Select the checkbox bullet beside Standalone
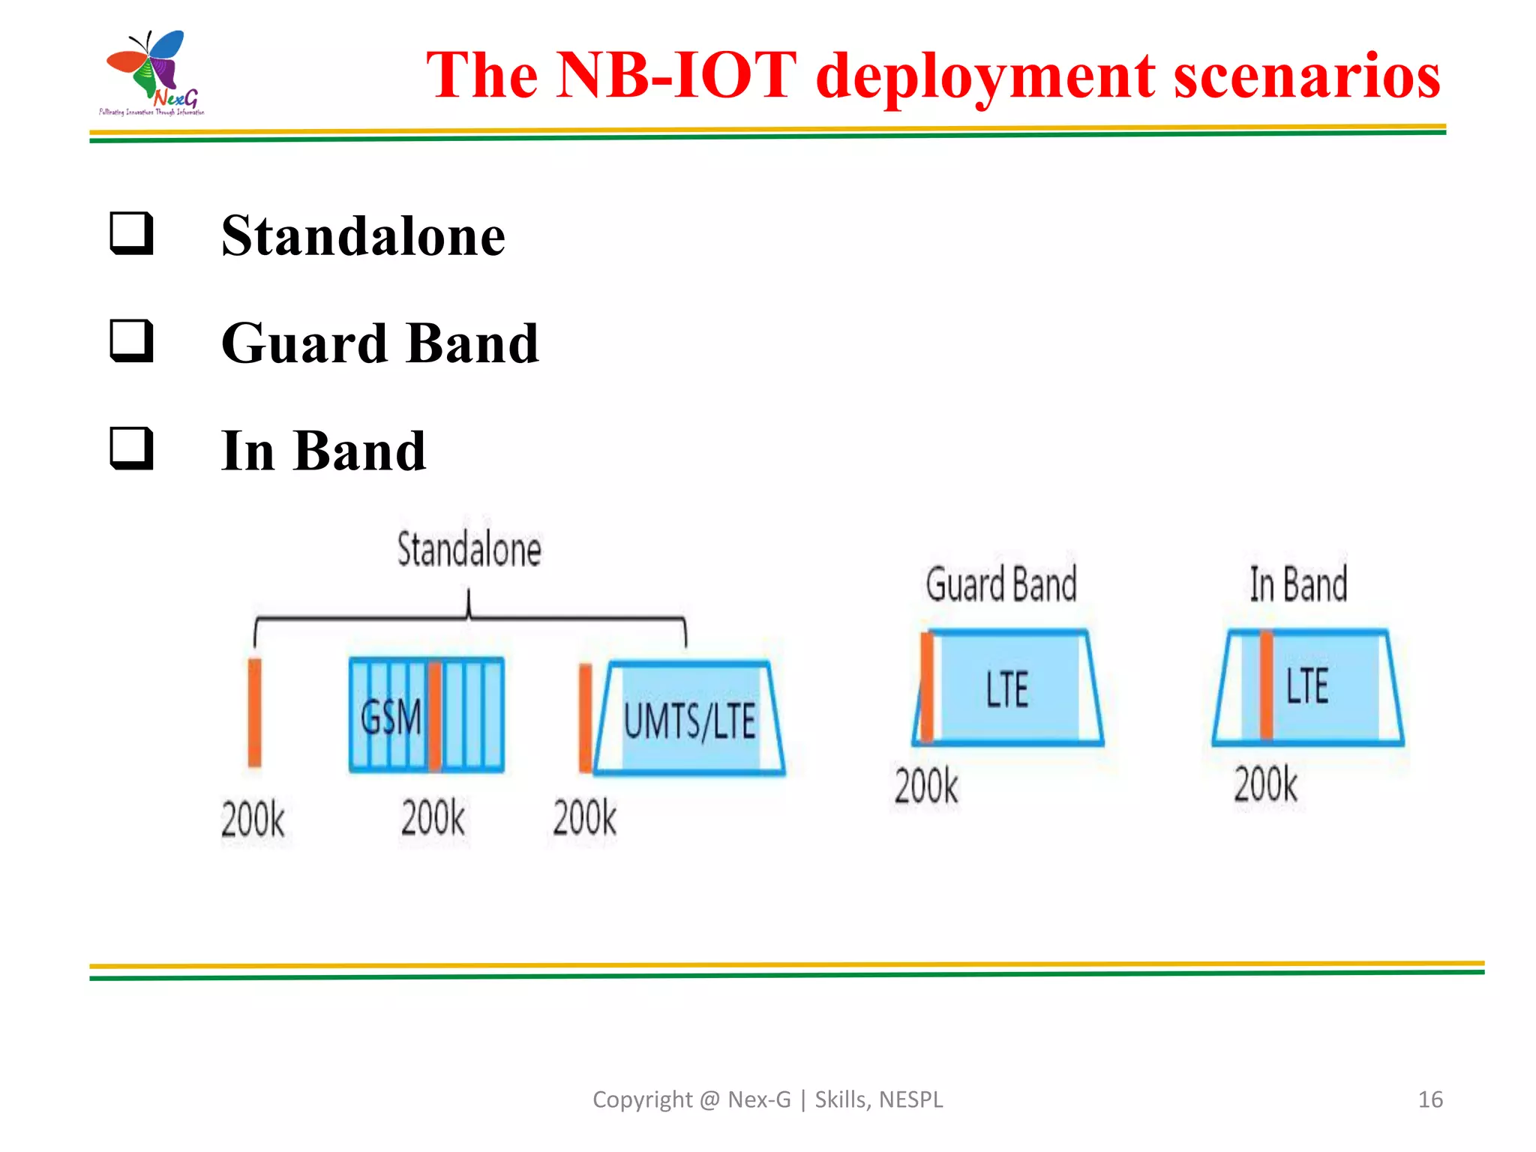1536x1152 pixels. pos(132,234)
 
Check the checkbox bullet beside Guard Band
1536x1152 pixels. pos(132,341)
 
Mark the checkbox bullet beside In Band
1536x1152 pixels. pos(132,448)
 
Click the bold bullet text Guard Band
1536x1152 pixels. pos(380,343)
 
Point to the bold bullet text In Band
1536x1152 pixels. pos(323,451)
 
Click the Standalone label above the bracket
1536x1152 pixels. pos(469,549)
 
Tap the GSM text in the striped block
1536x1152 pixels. pos(391,716)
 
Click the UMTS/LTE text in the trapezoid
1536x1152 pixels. pos(689,721)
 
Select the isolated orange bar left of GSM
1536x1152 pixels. pos(255,712)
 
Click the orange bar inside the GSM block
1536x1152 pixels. pos(435,716)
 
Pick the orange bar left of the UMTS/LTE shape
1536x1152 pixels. pos(585,718)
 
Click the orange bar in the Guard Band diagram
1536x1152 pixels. pos(928,687)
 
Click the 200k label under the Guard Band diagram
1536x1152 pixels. pos(926,786)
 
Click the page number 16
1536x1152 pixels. pos(1429,1099)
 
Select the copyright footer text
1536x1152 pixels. pos(767,1099)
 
